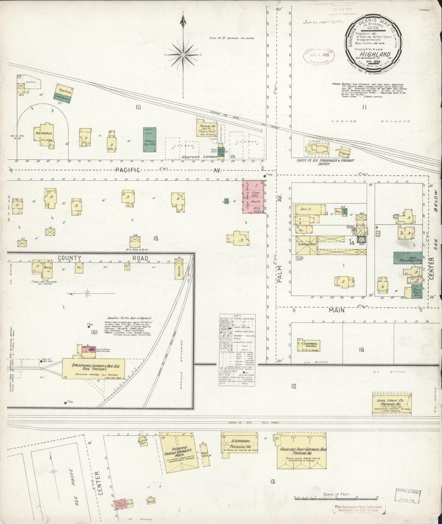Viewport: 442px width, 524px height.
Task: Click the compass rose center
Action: [x=183, y=55]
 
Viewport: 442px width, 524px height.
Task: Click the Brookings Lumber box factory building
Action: [x=93, y=368]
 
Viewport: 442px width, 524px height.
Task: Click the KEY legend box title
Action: [x=237, y=316]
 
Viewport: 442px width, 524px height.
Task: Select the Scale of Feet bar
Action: [x=336, y=496]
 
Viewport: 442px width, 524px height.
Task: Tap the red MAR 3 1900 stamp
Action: [x=318, y=56]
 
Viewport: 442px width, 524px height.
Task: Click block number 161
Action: [x=94, y=332]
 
